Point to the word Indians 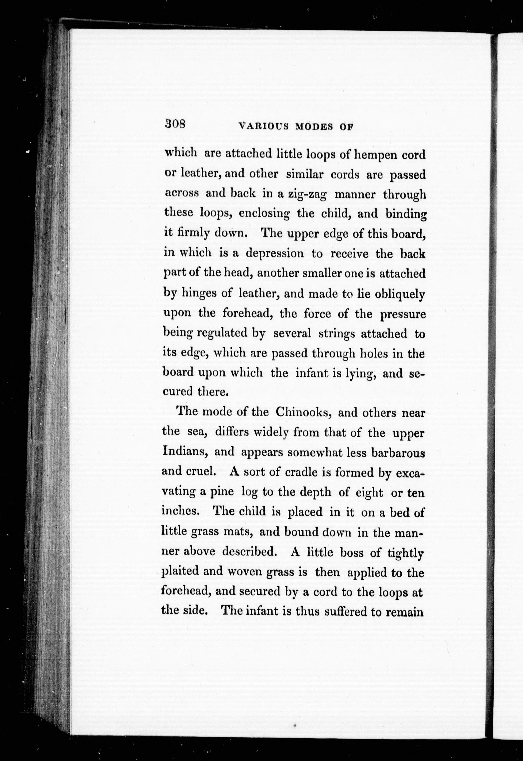tap(186, 452)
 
